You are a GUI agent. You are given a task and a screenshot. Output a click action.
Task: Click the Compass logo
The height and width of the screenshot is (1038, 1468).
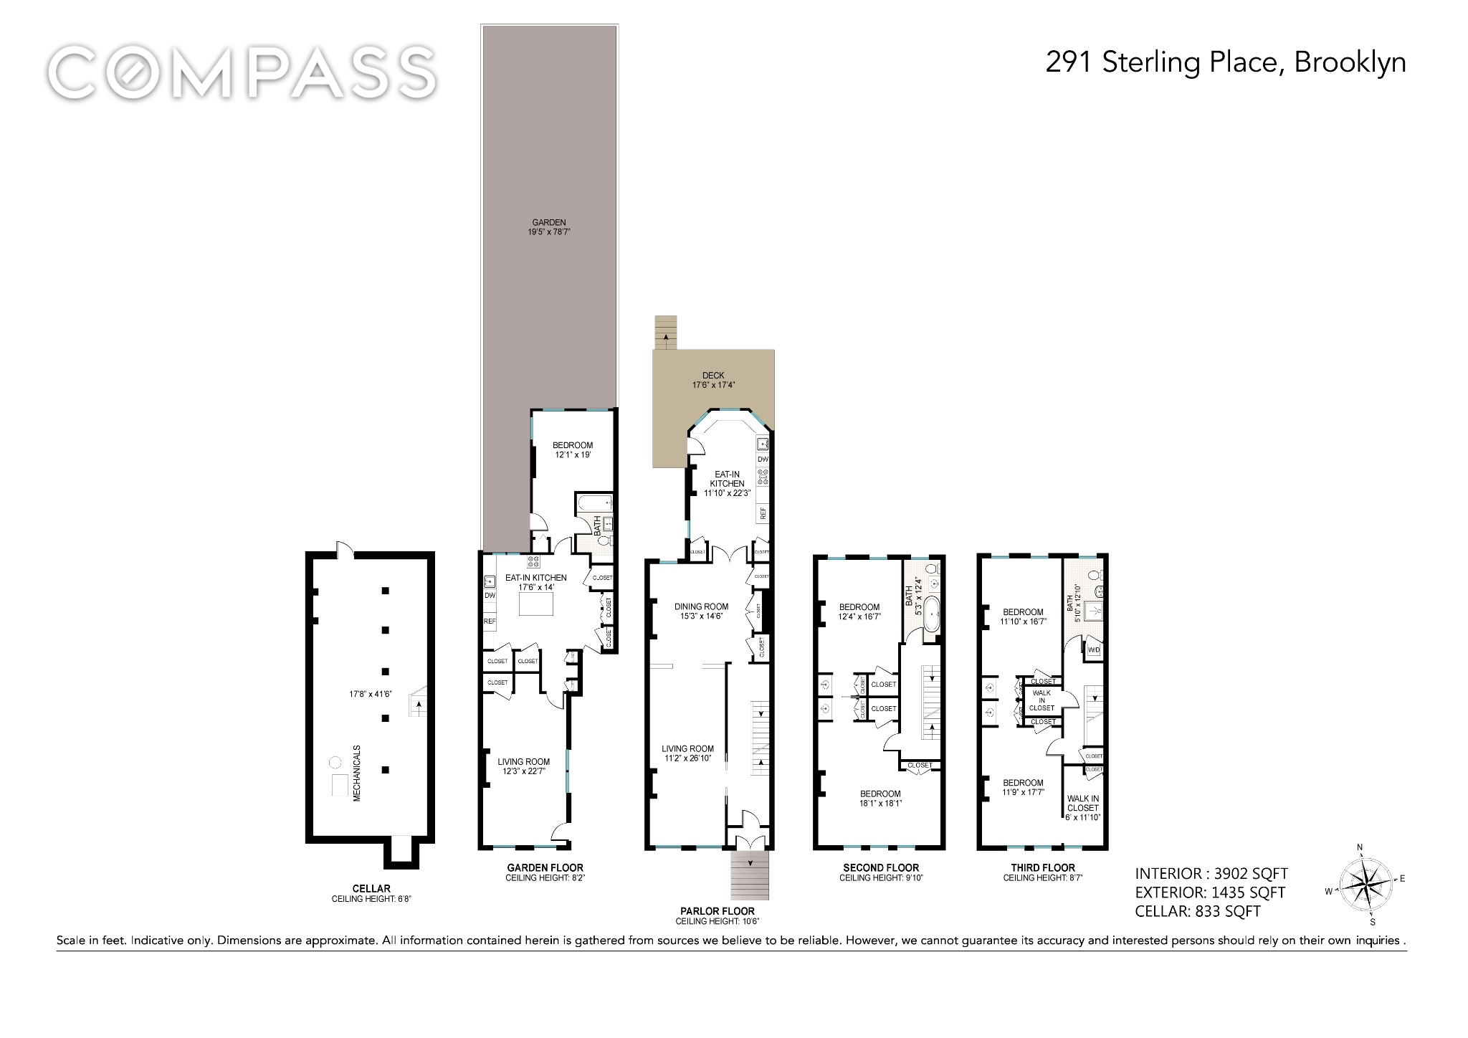click(x=242, y=72)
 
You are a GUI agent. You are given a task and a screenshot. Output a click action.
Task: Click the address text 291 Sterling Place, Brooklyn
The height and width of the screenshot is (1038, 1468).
click(x=1225, y=63)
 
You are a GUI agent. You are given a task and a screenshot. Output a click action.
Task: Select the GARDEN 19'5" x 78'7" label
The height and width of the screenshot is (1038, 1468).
click(x=549, y=227)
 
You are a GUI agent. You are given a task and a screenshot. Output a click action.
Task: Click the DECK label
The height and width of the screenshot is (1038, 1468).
click(x=713, y=380)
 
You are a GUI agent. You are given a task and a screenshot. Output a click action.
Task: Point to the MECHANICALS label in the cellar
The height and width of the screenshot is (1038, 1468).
click(x=356, y=772)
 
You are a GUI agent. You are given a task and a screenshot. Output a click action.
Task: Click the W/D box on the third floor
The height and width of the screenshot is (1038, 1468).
click(x=1094, y=650)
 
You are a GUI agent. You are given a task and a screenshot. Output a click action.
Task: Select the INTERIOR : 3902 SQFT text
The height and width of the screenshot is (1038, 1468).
click(x=1211, y=874)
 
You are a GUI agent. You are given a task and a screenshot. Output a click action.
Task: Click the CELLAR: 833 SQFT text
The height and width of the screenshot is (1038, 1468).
click(x=1198, y=912)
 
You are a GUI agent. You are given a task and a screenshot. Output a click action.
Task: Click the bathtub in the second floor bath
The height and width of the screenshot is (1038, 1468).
click(x=931, y=614)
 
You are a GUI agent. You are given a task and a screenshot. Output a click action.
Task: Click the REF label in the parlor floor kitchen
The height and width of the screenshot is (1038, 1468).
click(x=763, y=513)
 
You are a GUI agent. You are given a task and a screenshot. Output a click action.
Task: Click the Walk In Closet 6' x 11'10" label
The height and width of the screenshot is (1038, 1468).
click(x=1082, y=807)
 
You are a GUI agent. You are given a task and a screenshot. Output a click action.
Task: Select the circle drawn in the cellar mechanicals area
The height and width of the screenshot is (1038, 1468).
click(x=335, y=761)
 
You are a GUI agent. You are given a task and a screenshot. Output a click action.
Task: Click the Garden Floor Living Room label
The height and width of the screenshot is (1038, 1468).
click(x=524, y=766)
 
